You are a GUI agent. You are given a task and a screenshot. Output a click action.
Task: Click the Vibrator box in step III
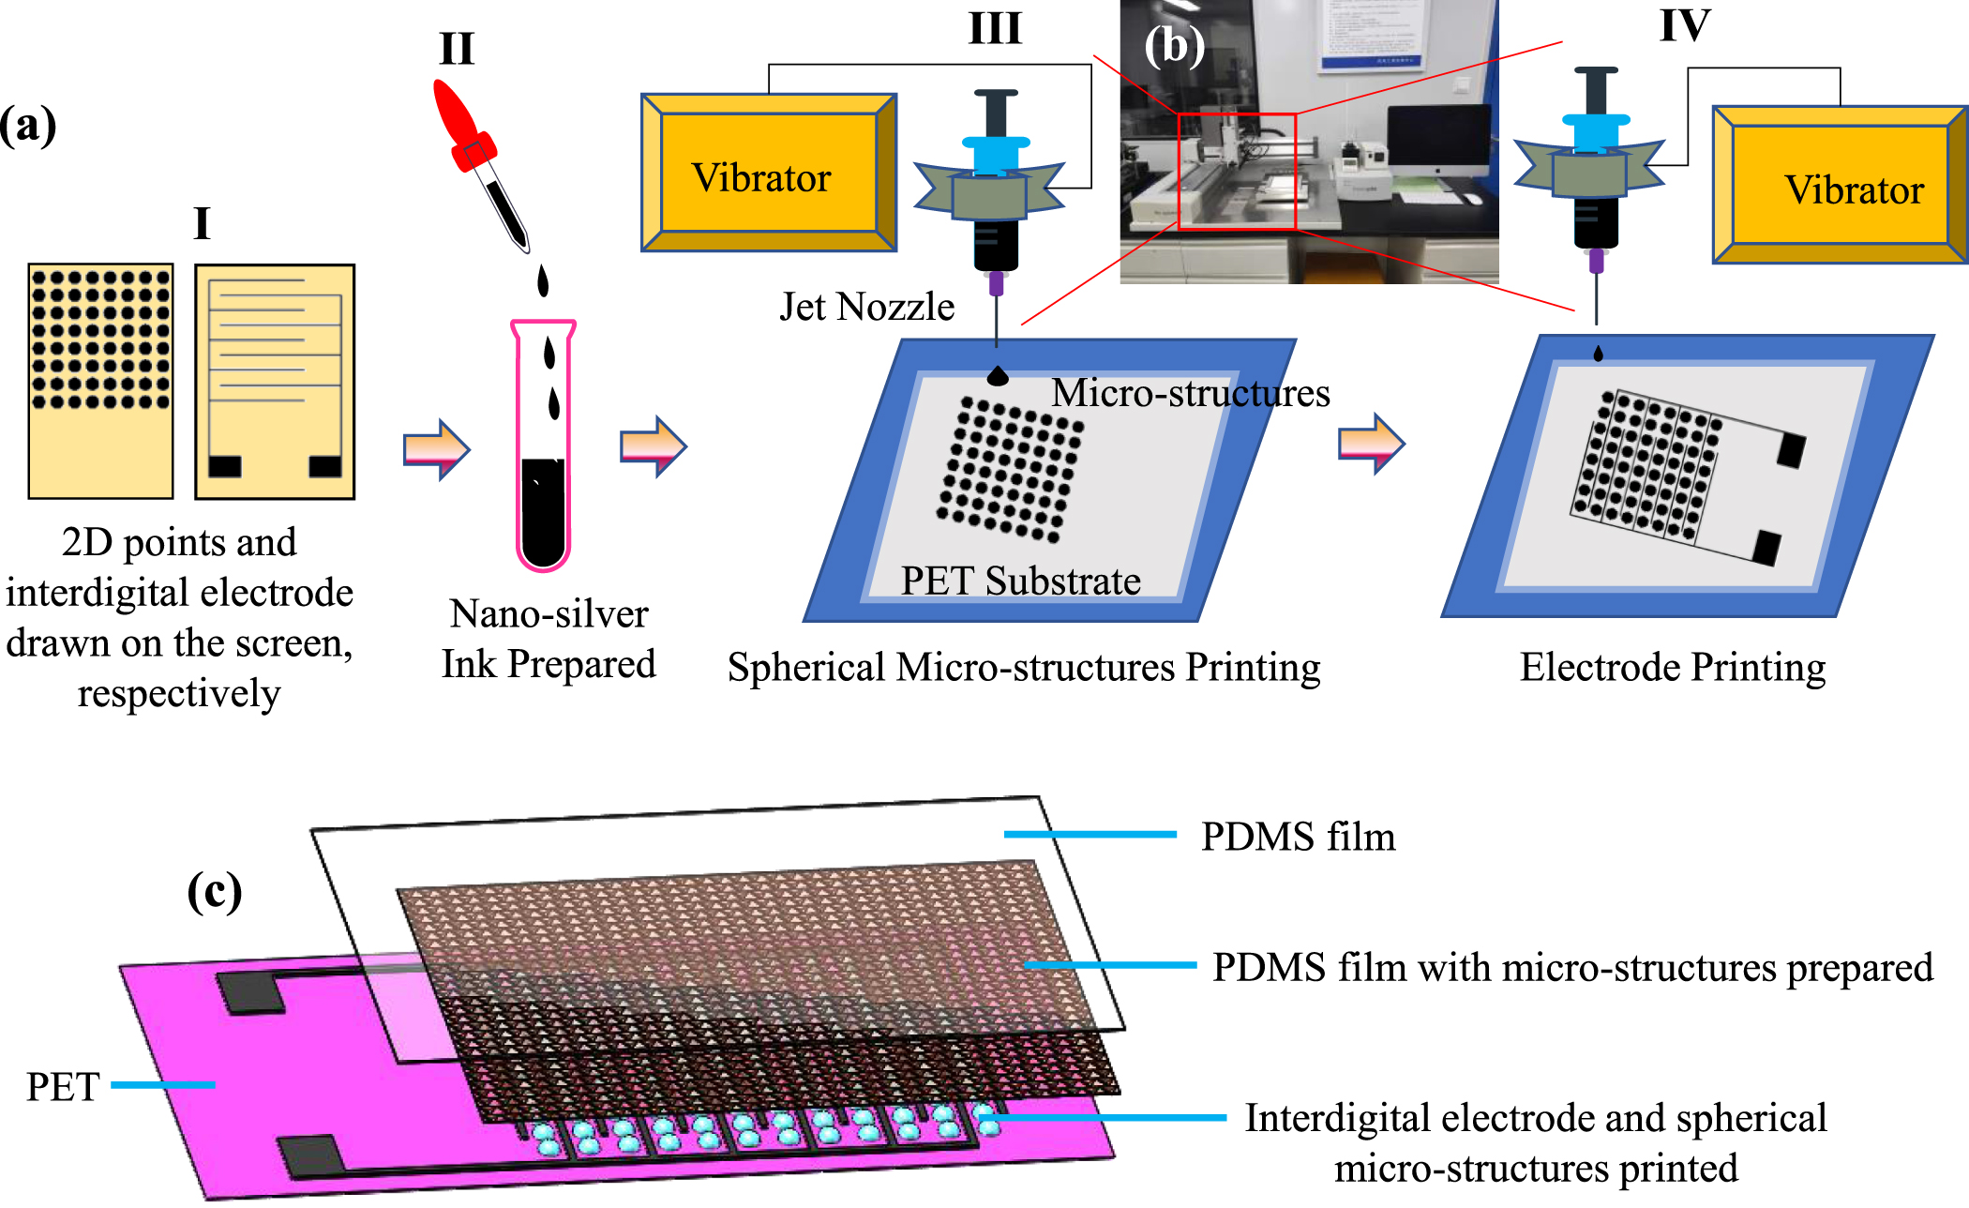click(768, 174)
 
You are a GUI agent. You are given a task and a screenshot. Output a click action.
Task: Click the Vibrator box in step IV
click(1839, 186)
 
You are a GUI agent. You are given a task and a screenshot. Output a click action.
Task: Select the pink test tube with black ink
click(543, 445)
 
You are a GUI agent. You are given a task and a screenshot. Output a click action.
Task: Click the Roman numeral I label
click(202, 223)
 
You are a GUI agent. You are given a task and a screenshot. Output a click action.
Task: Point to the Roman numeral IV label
click(1684, 25)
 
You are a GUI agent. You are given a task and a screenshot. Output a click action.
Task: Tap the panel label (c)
click(214, 891)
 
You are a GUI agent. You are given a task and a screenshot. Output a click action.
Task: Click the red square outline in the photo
click(1237, 172)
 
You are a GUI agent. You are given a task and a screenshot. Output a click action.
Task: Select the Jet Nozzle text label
click(866, 307)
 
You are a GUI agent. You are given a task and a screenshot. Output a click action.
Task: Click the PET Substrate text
click(1020, 581)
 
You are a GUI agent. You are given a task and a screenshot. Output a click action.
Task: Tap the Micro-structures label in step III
click(1190, 392)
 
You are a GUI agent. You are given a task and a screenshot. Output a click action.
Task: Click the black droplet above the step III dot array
click(998, 376)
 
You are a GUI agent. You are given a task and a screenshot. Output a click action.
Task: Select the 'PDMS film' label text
click(1298, 837)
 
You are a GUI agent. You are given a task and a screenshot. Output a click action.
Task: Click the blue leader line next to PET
click(162, 1085)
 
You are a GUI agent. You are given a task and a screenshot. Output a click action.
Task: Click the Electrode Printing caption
click(1672, 668)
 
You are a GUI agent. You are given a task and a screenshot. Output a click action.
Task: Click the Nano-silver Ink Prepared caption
click(549, 639)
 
